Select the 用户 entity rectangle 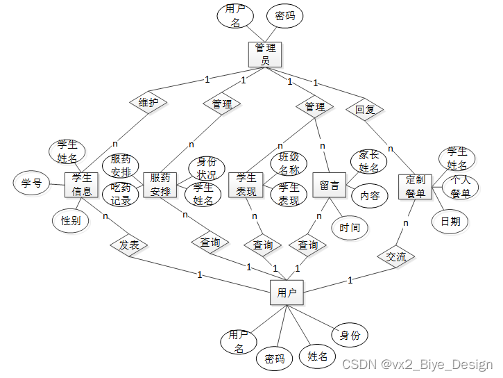tap(287, 293)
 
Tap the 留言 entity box tap(329, 186)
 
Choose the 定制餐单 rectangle tap(415, 186)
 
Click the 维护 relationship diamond tap(148, 104)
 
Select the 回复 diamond tap(364, 109)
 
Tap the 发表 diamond tap(129, 245)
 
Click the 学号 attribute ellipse tap(31, 183)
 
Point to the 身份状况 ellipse tap(207, 169)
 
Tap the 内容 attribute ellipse tap(370, 196)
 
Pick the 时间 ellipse tap(350, 227)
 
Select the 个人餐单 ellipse tap(461, 186)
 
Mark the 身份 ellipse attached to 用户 tap(350, 335)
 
